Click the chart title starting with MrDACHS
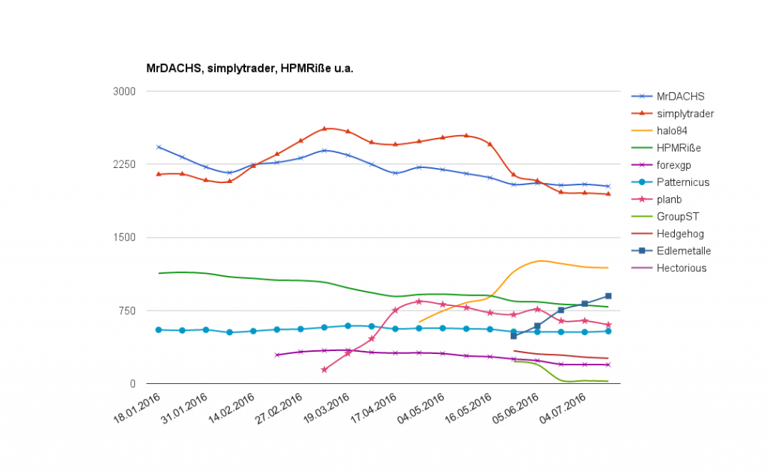249,68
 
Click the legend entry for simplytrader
685,113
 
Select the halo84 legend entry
672,130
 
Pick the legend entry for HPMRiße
679,148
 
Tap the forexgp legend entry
674,165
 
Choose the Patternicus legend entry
682,182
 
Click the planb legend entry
669,199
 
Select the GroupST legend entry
677,217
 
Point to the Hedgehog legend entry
680,234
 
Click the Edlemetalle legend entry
684,251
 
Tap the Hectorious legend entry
681,268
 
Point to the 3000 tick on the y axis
124,91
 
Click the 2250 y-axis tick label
124,164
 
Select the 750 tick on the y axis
127,310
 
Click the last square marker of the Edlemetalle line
608,296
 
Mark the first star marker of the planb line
324,370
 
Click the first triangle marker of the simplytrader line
159,174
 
